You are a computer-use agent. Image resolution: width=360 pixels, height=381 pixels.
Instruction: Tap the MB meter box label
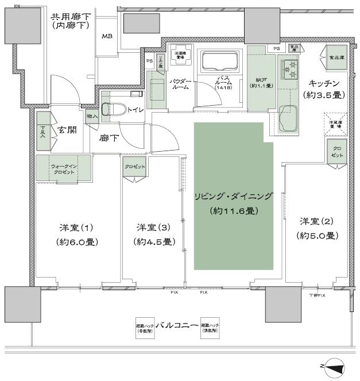(107, 37)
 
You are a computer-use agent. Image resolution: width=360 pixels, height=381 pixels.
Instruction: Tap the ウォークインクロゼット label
(63, 169)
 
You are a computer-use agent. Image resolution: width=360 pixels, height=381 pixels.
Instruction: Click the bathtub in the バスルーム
(220, 60)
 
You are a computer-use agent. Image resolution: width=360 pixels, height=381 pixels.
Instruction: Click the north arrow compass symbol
(335, 365)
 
